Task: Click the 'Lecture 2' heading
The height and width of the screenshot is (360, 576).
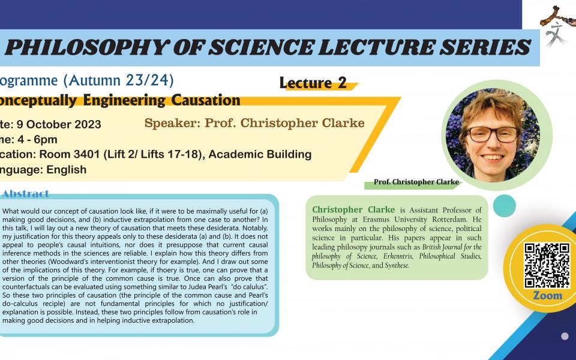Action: coord(313,83)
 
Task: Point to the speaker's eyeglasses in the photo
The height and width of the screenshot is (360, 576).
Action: coord(486,133)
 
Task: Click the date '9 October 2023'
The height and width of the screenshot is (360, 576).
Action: coord(64,125)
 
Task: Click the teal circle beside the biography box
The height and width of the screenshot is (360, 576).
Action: coord(504,206)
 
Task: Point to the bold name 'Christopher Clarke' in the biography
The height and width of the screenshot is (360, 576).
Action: coord(353,209)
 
